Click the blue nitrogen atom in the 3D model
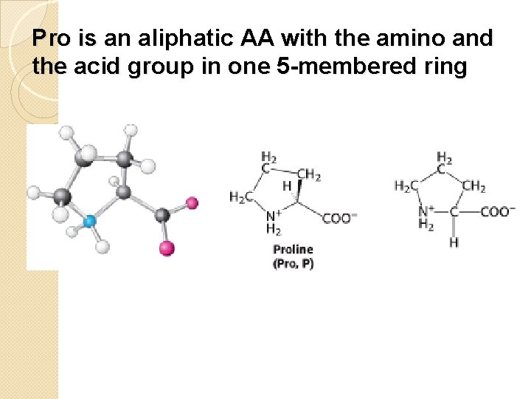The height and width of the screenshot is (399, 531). click(90, 221)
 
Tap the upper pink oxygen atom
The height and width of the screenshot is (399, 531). click(192, 202)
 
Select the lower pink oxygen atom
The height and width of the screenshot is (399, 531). click(167, 248)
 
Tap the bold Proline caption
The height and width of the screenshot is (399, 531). click(293, 250)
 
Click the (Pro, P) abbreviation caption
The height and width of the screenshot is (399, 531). click(293, 264)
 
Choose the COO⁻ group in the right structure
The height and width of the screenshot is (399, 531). click(498, 211)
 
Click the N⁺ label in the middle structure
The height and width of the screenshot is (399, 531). click(272, 216)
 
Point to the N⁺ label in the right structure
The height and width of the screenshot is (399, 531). click(426, 211)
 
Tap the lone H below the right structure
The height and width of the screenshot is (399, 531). click(454, 242)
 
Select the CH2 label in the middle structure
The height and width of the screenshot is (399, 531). click(309, 175)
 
